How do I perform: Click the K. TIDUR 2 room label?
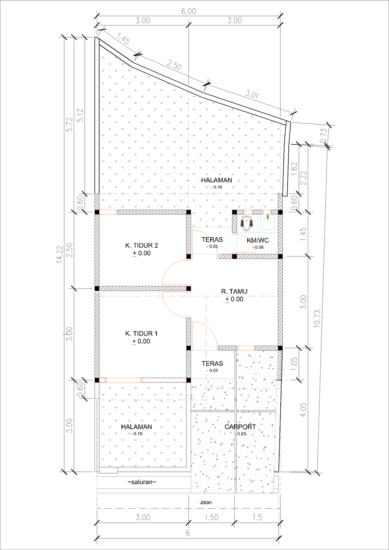[141, 245]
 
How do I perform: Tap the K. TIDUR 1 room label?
[141, 333]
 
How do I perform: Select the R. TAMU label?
[234, 291]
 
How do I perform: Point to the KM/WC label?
[258, 240]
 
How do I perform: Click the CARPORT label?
[240, 427]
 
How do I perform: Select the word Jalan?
[206, 503]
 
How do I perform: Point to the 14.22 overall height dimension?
[60, 254]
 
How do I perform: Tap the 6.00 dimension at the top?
[188, 11]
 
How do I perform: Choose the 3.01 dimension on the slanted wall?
[252, 94]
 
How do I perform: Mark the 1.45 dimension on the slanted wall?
[123, 39]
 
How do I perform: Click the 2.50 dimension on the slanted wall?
[174, 65]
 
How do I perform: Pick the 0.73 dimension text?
[324, 136]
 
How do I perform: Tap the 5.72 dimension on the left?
[70, 125]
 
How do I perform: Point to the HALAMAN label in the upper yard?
[217, 180]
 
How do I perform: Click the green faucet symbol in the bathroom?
[268, 217]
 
